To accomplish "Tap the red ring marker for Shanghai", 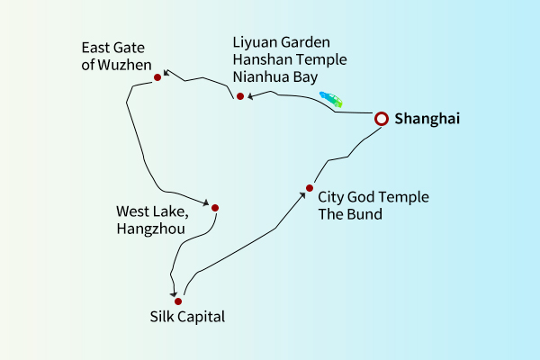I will (381, 118).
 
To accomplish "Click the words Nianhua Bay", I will (275, 77).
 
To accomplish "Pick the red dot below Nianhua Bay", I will (240, 96).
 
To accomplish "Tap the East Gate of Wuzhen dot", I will (157, 77).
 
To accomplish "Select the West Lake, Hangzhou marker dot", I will (214, 208).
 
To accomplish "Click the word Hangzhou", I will (150, 229).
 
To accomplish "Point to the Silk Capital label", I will (187, 317).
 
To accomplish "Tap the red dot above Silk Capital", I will (178, 301).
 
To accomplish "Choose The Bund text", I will (350, 214).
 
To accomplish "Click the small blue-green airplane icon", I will (331, 99).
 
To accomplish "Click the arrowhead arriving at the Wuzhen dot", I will (166, 75).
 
